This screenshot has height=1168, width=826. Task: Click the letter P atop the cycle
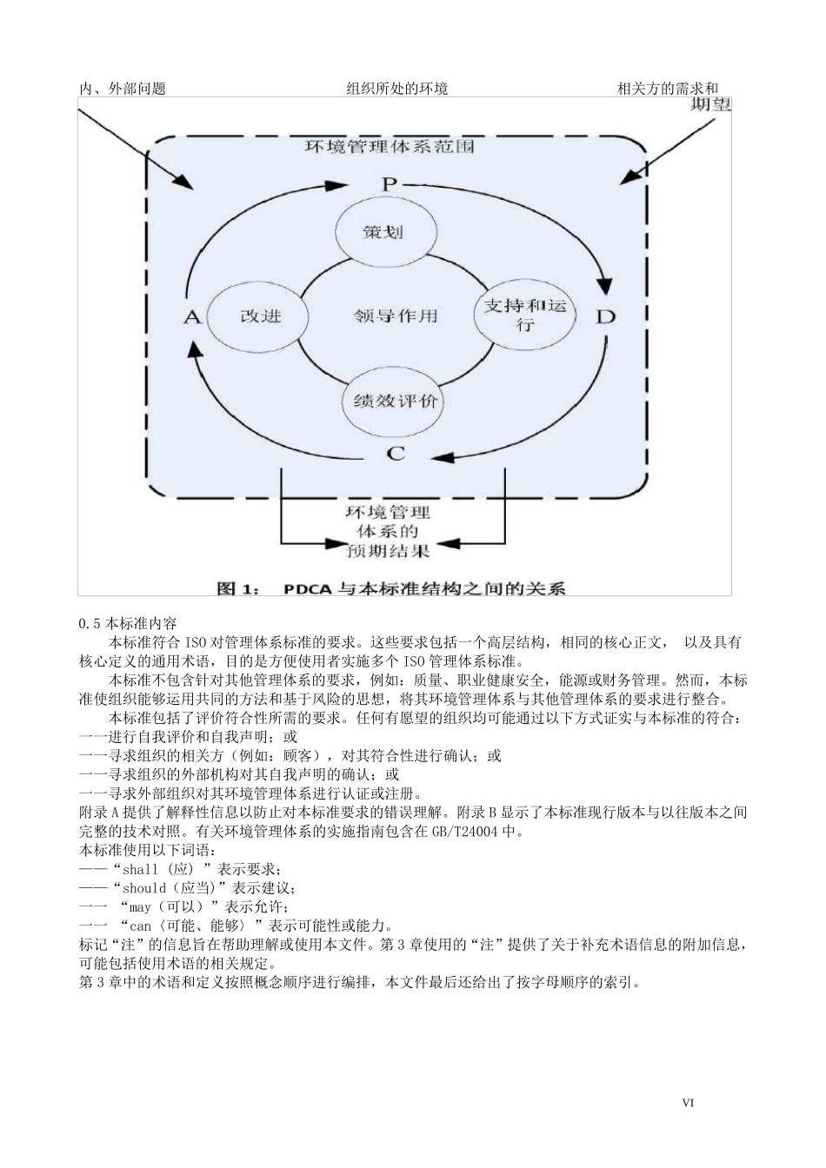(x=389, y=183)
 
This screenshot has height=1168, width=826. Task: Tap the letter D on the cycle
(x=604, y=315)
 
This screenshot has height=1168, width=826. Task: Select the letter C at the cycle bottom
(x=396, y=454)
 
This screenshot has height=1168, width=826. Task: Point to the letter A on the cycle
(x=192, y=316)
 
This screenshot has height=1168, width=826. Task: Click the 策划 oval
(x=383, y=232)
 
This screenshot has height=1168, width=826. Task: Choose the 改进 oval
(x=260, y=315)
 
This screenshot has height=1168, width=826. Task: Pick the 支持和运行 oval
(x=524, y=315)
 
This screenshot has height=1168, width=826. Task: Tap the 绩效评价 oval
(x=396, y=401)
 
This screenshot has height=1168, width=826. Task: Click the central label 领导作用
(x=396, y=315)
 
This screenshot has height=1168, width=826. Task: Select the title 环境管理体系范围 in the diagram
(x=389, y=147)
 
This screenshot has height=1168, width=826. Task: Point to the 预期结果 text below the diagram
(x=389, y=549)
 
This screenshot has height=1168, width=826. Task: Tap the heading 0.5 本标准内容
(x=128, y=623)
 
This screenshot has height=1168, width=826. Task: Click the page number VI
(x=688, y=1103)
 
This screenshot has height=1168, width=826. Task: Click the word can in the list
(x=141, y=926)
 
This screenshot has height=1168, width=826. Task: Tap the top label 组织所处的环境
(x=397, y=89)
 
